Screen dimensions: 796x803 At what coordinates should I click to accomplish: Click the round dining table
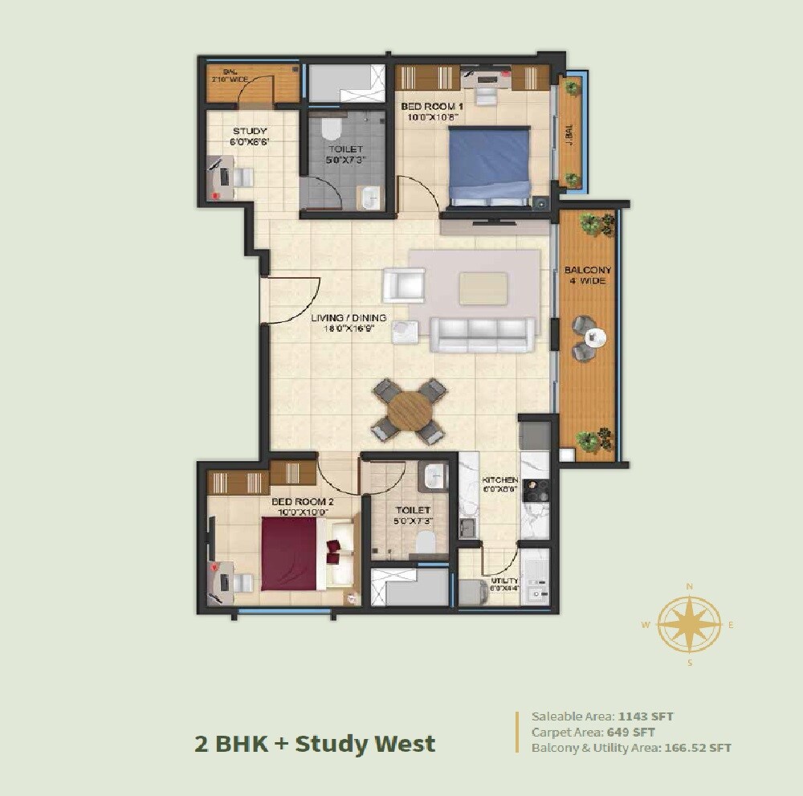coord(410,411)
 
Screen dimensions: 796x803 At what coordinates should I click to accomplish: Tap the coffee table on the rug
coord(483,288)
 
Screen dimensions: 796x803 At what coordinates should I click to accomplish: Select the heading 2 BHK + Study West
coord(315,743)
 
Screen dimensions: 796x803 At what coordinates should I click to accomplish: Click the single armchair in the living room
coord(403,285)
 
